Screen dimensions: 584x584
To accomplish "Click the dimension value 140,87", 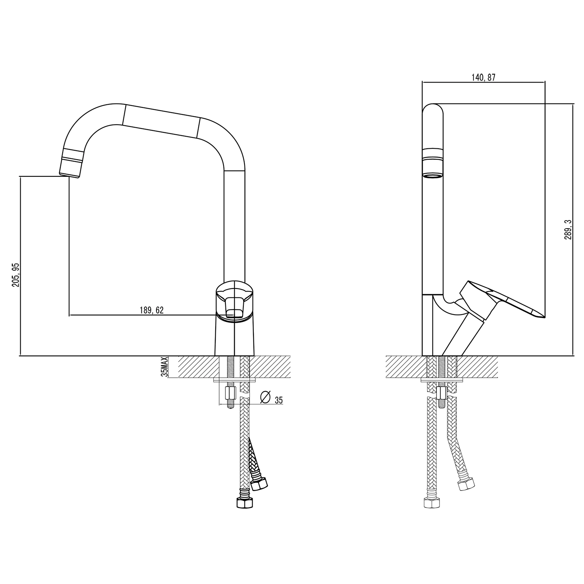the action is click(x=483, y=77).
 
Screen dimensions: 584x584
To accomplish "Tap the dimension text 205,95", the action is click(x=16, y=275).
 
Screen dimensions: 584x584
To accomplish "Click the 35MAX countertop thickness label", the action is click(x=165, y=367).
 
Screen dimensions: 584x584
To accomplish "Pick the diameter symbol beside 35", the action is click(x=266, y=397).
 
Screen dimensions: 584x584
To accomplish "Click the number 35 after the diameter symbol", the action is click(x=278, y=400).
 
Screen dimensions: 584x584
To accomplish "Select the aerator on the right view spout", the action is click(x=433, y=164).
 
